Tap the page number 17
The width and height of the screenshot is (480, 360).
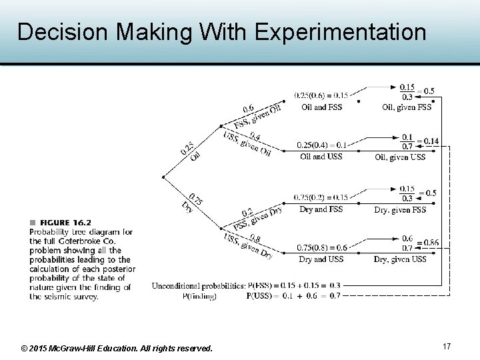click(x=447, y=346)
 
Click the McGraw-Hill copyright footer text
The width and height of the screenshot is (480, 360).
click(x=117, y=348)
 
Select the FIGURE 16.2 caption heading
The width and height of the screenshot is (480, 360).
click(x=65, y=222)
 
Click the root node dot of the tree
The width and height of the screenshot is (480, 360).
click(x=163, y=177)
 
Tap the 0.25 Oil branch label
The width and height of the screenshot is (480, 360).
click(x=191, y=151)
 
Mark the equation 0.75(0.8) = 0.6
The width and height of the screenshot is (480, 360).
click(x=321, y=248)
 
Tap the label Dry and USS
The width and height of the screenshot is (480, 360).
click(x=321, y=259)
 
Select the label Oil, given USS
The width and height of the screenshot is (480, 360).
click(x=400, y=157)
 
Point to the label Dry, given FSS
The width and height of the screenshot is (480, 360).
click(x=400, y=209)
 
